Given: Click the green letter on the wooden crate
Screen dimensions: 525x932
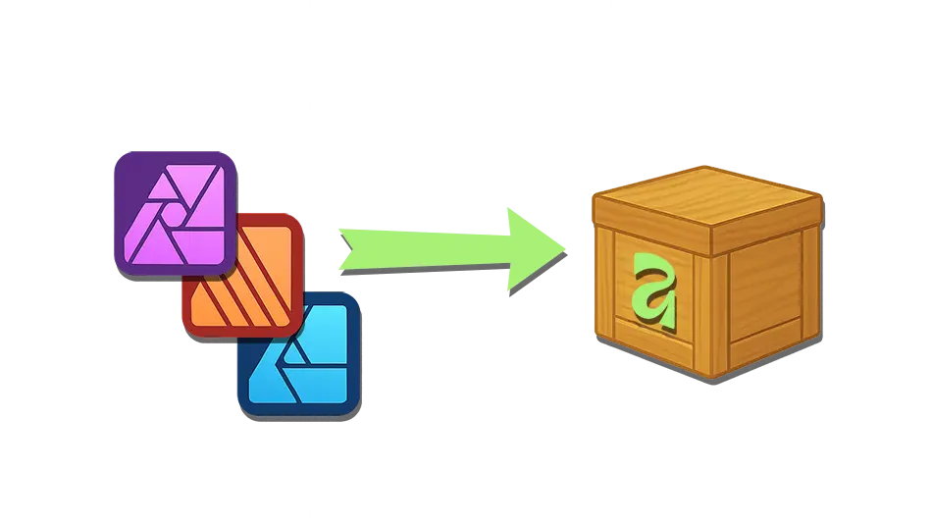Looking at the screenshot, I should [x=654, y=289].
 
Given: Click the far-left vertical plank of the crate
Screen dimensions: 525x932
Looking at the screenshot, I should [x=605, y=285].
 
